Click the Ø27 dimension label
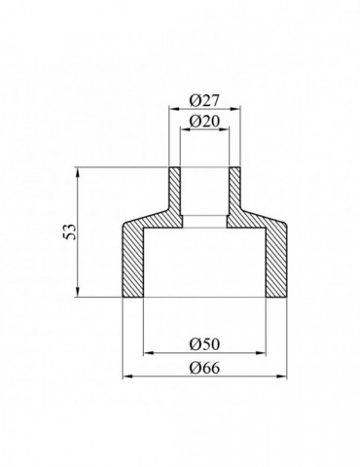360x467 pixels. pos(203,101)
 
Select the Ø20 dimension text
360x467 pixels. pos(203,121)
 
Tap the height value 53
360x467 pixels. pos(65,233)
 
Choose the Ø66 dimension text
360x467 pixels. pos(203,367)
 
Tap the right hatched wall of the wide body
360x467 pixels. pos(277,263)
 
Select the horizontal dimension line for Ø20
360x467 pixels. pos(203,130)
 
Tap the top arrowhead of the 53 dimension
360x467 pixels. pos(77,173)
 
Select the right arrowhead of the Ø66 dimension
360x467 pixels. pos(286,377)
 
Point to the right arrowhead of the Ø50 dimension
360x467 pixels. pos(263,353)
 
